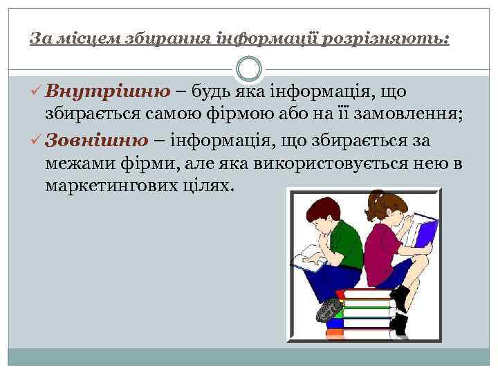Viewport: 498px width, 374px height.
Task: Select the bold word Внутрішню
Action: click(x=107, y=91)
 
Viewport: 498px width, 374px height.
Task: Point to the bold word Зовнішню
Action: click(x=96, y=141)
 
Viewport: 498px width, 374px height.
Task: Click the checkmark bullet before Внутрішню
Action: click(x=37, y=92)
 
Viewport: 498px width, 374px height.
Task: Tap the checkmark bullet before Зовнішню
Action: click(x=37, y=141)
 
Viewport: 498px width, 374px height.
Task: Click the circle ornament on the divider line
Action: click(x=248, y=69)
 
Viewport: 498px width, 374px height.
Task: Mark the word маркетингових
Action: click(x=106, y=188)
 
